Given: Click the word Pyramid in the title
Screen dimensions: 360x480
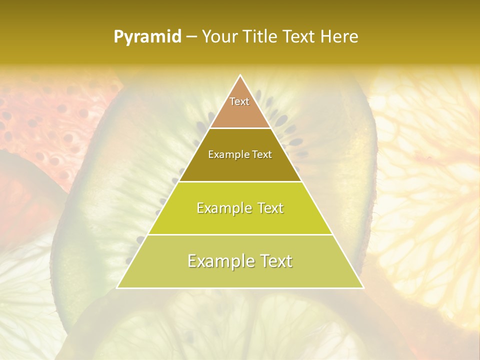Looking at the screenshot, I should click(x=147, y=37).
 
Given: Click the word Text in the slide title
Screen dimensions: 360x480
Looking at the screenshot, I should click(x=300, y=36).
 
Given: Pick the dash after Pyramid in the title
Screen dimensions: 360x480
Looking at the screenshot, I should click(x=191, y=37).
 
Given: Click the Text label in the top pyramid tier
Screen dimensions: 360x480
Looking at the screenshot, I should click(x=239, y=101).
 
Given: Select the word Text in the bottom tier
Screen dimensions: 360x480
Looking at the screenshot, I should click(x=273, y=261).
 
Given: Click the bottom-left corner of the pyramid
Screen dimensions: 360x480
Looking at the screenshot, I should click(x=117, y=287).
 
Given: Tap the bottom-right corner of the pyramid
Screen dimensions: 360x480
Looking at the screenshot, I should click(x=363, y=287).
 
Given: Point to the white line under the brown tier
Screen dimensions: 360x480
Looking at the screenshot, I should click(x=240, y=128).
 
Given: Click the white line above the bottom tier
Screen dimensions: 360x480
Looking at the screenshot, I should click(x=240, y=234).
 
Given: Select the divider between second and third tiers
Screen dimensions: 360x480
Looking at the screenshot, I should click(x=240, y=181).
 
